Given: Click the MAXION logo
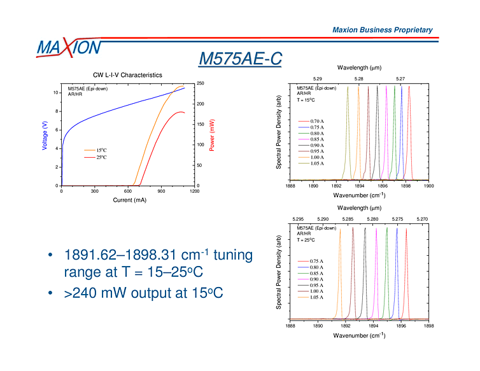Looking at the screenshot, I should tap(69, 47).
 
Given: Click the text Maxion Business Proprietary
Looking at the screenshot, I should tap(383, 30).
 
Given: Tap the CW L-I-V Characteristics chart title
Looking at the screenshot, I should tap(127, 75).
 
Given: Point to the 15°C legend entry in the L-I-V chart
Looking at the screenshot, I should tap(101, 150).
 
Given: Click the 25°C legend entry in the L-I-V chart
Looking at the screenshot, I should tap(101, 157).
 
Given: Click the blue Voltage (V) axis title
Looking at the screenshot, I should tap(45, 136).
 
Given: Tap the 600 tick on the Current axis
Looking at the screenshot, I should tap(128, 191).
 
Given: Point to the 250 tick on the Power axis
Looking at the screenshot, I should tap(200, 83).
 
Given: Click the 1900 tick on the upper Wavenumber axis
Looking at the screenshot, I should tap(429, 187).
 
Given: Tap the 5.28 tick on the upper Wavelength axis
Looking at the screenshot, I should tap(359, 79).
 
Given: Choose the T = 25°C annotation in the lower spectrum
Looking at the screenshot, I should tap(307, 241).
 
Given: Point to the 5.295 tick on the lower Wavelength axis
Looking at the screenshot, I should tap(299, 219).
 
